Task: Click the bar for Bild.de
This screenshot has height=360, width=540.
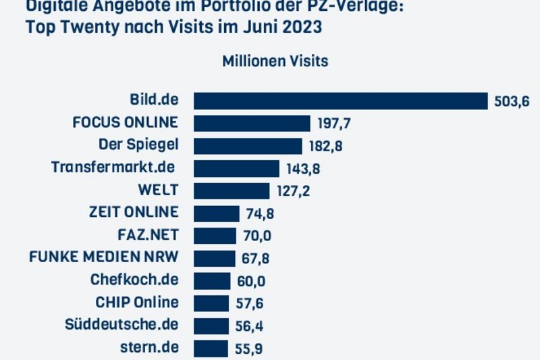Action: point(340,101)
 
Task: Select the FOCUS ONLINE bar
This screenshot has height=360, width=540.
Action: point(252,123)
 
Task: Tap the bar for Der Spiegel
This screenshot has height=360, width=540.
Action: point(248,145)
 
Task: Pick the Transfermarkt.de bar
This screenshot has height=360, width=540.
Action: point(236,168)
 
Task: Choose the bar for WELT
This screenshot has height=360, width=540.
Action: point(232,190)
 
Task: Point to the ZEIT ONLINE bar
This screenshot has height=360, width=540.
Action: point(217,213)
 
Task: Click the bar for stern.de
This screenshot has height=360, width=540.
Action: point(211,348)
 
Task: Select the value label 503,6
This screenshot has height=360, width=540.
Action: point(512,101)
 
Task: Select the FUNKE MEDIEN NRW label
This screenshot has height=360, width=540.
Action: point(104,257)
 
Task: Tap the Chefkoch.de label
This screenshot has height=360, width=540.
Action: point(134,280)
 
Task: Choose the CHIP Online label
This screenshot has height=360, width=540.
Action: point(137,302)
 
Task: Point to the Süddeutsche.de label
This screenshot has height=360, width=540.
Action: point(128,324)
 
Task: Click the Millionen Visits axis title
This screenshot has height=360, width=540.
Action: point(275,61)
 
